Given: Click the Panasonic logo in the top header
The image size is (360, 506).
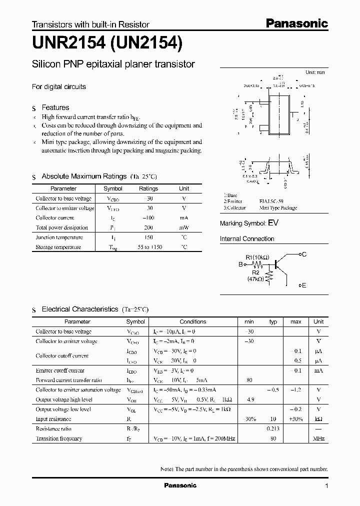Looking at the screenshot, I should pos(296,23).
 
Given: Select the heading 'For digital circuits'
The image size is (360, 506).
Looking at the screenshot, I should pos(59,86).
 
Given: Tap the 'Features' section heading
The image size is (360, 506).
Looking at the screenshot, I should pos(55,107).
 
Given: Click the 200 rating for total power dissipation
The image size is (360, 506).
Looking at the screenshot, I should pos(148,227).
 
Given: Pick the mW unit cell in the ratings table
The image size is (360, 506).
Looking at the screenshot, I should pos(184,227).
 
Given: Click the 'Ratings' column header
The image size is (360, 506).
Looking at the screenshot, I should pos(148,188).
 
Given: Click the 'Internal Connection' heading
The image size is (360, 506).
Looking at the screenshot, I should pos(247,239).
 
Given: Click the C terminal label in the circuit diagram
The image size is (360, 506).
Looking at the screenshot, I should pos(303,254).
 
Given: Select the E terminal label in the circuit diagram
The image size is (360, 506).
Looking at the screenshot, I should pos(303,285).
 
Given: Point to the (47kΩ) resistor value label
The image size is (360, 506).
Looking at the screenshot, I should pos(255,279).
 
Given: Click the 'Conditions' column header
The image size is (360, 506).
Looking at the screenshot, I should pos(192,321).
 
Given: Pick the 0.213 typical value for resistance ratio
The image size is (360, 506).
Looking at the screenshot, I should pos(273,429).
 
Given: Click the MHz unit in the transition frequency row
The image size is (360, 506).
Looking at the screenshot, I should pos(318,438).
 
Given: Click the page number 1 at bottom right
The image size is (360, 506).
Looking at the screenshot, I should pos(326,486).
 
